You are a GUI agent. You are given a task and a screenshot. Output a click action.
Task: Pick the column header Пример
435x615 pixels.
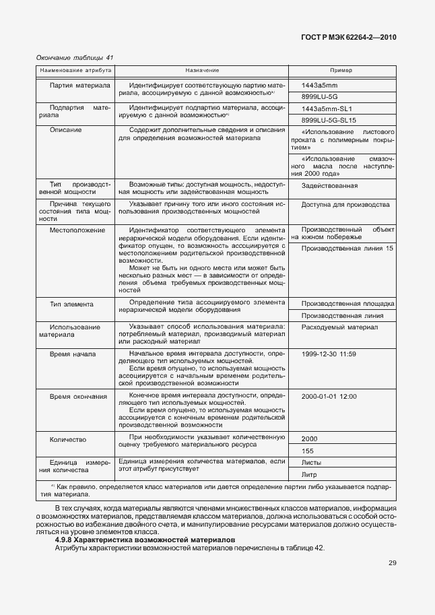[341, 70]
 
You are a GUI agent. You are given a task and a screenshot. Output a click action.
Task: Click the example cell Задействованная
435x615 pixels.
[330, 185]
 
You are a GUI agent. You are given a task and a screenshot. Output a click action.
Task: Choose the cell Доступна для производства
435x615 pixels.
[345, 204]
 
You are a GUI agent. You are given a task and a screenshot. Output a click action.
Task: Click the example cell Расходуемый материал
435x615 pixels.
[340, 327]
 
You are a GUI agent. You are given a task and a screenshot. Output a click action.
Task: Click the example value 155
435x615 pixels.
[308, 450]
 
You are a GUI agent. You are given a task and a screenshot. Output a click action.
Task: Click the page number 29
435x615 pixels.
[392, 563]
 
